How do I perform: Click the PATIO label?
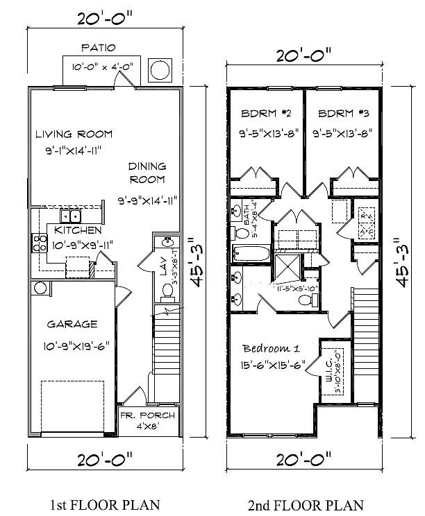pyautogui.click(x=98, y=48)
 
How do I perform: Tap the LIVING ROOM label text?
pyautogui.click(x=74, y=134)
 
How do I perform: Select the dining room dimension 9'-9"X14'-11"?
pyautogui.click(x=147, y=200)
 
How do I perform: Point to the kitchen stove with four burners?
pyautogui.click(x=35, y=242)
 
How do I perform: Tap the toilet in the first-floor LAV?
pyautogui.click(x=166, y=292)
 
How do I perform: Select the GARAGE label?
pyautogui.click(x=72, y=324)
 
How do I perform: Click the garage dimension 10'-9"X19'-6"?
pyautogui.click(x=78, y=343)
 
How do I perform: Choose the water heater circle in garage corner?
pyautogui.click(x=39, y=288)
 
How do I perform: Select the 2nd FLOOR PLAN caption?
pyautogui.click(x=305, y=504)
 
